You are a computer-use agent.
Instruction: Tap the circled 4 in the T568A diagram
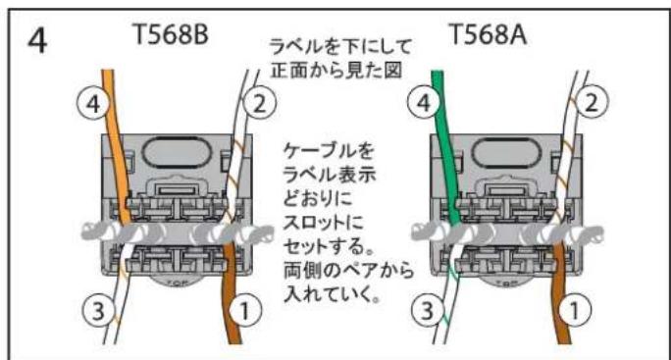point(423,102)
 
